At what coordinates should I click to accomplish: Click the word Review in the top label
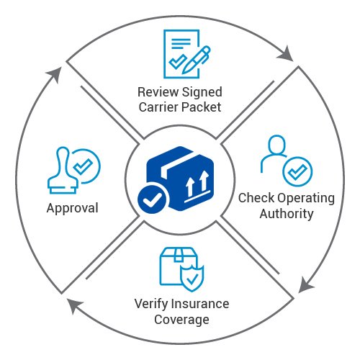[158, 92]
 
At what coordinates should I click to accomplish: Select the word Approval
[73, 209]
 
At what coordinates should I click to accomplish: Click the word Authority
[287, 214]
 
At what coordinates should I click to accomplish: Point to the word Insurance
[201, 304]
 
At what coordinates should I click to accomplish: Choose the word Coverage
[181, 320]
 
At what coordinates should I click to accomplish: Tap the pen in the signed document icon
[196, 60]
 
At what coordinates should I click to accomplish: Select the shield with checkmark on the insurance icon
[192, 279]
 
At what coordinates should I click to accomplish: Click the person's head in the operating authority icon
[277, 145]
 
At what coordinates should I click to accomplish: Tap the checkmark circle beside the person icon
[297, 171]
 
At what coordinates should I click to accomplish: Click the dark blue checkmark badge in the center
[152, 199]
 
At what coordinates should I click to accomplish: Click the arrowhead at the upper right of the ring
[286, 54]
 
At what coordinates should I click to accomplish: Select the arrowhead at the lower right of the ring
[305, 285]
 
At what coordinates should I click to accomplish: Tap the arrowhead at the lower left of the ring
[74, 305]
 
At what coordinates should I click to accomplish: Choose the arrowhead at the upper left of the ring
[54, 74]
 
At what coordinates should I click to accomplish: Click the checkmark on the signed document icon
[178, 61]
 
